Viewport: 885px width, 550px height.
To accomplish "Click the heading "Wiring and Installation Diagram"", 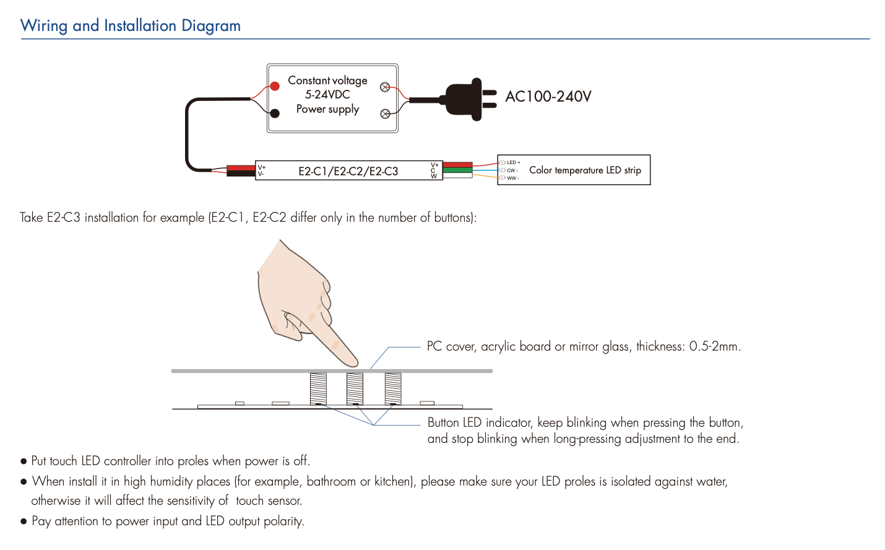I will click(131, 26).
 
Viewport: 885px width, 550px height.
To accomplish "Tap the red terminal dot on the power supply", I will click(275, 87).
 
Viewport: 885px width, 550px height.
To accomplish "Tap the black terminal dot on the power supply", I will click(275, 113).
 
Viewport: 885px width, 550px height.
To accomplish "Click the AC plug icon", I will click(467, 99).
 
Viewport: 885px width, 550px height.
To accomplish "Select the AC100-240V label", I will click(548, 97).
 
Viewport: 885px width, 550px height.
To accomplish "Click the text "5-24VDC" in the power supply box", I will click(327, 95).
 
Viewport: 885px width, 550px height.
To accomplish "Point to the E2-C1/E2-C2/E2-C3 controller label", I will click(348, 172).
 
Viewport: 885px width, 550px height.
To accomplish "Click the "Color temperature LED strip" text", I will click(585, 170).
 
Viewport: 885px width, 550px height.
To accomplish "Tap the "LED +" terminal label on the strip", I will click(513, 163).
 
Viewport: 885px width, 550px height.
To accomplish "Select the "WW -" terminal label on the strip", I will click(512, 178).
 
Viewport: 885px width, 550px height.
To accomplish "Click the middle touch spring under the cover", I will click(355, 388).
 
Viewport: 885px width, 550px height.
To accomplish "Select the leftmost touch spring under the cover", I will click(318, 388).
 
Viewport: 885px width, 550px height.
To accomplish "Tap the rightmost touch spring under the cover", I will click(393, 388).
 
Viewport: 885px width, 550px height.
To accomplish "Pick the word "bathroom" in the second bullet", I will click(331, 482).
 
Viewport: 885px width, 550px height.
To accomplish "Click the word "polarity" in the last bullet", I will click(283, 522).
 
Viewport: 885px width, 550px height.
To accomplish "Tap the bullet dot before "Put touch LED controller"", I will click(24, 461).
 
